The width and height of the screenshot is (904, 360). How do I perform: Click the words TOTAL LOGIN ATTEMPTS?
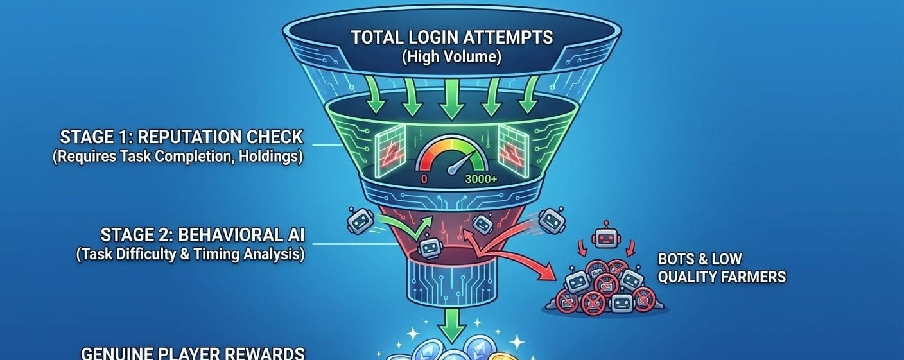point(451,37)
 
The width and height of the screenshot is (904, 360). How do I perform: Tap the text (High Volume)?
point(451,56)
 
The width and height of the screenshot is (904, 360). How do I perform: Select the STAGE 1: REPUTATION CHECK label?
point(181,137)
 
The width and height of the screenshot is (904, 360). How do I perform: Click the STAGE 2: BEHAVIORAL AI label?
point(202,234)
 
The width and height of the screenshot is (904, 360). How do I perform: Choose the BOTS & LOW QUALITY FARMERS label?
point(721,268)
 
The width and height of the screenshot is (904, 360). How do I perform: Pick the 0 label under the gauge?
point(424,180)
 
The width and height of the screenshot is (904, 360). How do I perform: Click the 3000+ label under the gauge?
point(480,180)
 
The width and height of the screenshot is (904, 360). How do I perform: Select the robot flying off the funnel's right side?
point(552,219)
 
